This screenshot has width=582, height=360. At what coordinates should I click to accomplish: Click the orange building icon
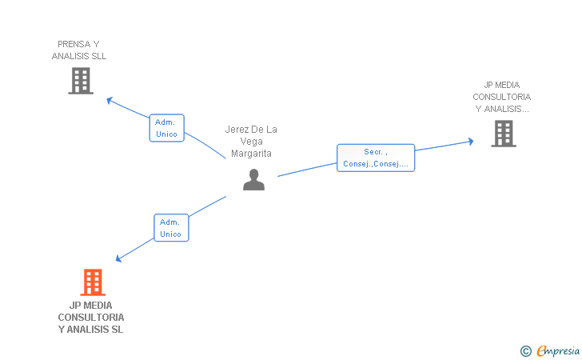(93, 282)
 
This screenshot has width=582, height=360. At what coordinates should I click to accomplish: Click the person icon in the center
(253, 180)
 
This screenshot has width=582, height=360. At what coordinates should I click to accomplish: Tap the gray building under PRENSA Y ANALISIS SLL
(81, 81)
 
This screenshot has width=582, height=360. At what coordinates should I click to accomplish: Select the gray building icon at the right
(504, 134)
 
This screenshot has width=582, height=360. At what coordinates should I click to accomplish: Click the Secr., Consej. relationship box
(376, 158)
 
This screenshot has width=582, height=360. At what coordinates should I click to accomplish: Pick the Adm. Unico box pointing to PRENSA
(166, 128)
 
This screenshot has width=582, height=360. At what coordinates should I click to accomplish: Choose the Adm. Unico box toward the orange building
(170, 228)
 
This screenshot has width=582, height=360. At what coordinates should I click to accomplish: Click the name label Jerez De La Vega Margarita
(251, 142)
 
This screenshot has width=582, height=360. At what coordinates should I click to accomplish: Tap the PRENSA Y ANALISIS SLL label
(79, 50)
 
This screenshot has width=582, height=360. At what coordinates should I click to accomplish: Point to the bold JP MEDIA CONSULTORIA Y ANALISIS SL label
(91, 317)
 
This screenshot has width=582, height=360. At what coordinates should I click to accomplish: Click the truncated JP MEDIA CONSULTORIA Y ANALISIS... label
(502, 97)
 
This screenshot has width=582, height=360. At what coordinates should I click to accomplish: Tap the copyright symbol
(525, 350)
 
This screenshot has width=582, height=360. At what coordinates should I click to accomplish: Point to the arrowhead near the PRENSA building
(110, 100)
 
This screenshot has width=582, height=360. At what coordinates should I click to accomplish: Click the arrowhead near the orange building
(118, 258)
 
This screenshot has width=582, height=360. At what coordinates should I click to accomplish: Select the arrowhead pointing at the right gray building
(471, 142)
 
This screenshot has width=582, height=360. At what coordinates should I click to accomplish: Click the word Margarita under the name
(251, 154)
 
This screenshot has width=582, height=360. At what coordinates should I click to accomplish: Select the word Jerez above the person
(237, 130)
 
